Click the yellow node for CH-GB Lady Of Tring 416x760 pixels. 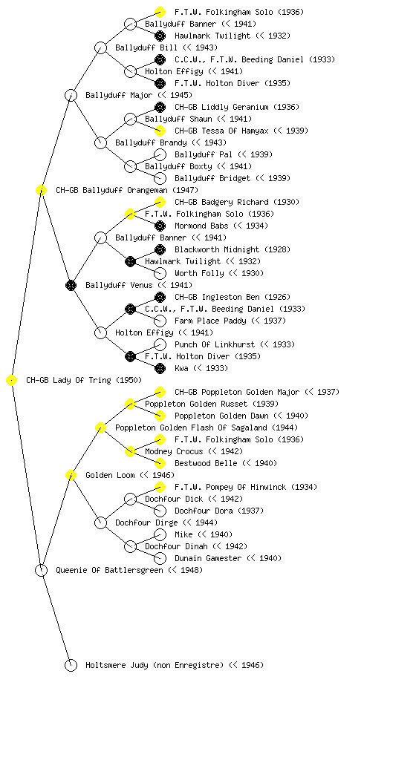(x=12, y=381)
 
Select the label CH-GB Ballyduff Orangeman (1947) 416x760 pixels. (x=127, y=191)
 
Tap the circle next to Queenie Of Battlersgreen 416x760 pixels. (x=41, y=571)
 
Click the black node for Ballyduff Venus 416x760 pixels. (x=71, y=286)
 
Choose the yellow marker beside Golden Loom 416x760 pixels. (x=71, y=476)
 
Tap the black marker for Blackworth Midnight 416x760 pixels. (x=160, y=249)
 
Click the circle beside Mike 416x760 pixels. (x=160, y=534)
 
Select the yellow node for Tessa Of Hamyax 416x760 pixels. (x=160, y=131)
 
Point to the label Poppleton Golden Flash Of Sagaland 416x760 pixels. (x=207, y=428)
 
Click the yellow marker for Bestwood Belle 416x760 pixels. (x=160, y=463)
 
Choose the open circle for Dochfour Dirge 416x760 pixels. (x=100, y=523)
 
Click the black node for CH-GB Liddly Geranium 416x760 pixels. (x=160, y=107)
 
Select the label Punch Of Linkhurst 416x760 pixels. (x=214, y=344)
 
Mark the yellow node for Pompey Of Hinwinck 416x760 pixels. (x=160, y=487)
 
